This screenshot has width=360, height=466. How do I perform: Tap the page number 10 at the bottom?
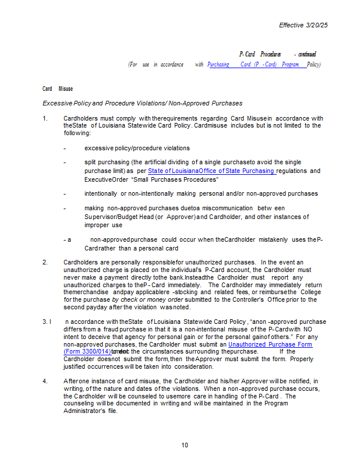pos(184,445)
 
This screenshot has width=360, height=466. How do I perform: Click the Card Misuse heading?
pos(58,89)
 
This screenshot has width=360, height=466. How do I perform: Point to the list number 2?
pos(45,262)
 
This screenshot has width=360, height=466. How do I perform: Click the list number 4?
pos(45,381)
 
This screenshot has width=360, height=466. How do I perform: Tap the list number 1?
pos(45,118)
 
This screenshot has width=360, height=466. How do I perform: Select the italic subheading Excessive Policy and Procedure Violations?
pos(142,103)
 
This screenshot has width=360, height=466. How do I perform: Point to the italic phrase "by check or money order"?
pos(149,299)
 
